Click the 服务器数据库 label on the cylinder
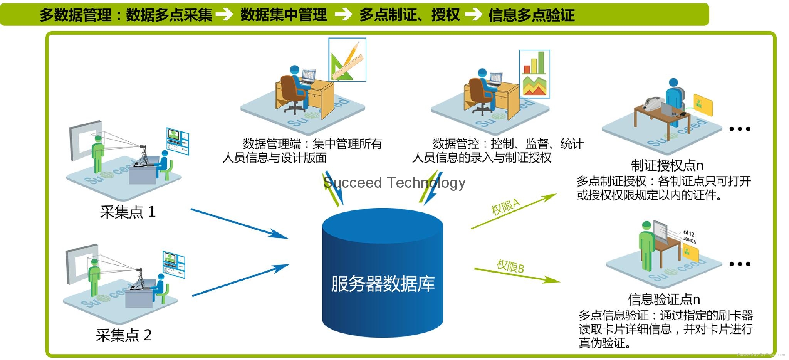coord(383,284)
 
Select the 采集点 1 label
coord(128,212)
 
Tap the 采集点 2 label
coord(123,335)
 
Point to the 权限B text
coord(510,266)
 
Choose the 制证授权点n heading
coord(667,165)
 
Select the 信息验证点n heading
coord(664,299)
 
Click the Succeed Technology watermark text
coord(394,182)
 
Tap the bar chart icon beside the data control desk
coord(534,74)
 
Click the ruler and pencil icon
coord(347,60)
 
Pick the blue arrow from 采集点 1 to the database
coord(239,223)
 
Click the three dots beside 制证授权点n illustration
coord(740,129)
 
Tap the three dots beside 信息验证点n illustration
coord(740,264)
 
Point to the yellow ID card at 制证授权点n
coord(703,104)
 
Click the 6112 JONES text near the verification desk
coord(689,237)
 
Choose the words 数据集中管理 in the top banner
coord(284,15)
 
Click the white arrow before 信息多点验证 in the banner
coord(473,15)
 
